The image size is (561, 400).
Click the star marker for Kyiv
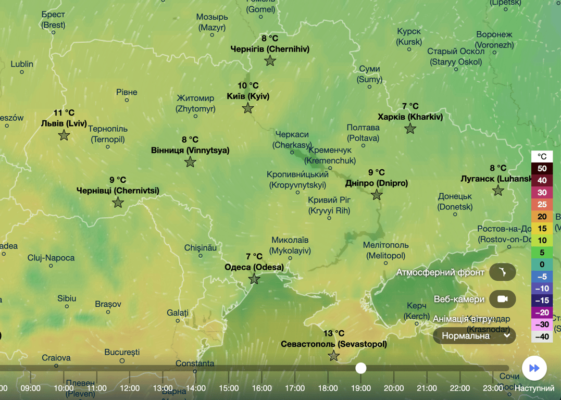tap(248, 108)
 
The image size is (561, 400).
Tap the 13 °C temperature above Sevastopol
tap(334, 333)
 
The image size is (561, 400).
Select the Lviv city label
tap(64, 123)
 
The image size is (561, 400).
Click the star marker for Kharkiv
tap(410, 129)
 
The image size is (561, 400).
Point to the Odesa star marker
tap(254, 279)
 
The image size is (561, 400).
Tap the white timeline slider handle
tap(361, 368)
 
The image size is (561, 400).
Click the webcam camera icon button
tap(502, 299)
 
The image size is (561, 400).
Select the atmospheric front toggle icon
tap(502, 272)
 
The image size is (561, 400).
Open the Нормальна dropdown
tap(475, 336)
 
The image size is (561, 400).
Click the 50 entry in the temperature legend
tap(542, 169)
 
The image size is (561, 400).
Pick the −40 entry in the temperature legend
tap(542, 336)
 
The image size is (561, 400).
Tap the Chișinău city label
tap(201, 248)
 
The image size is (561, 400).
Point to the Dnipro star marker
tap(377, 195)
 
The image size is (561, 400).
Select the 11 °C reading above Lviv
tap(64, 113)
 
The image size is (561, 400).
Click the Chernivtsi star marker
tap(118, 202)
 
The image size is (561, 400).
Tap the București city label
tap(122, 352)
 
